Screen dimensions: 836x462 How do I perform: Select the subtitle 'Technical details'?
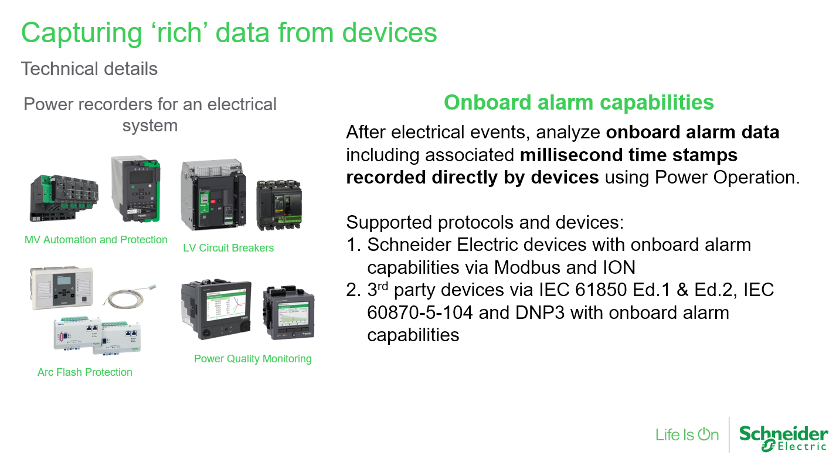(89, 69)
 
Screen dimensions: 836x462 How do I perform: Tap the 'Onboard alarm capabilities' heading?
(579, 102)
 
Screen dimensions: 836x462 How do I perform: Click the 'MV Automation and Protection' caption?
(96, 240)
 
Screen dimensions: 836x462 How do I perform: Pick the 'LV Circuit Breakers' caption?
(229, 248)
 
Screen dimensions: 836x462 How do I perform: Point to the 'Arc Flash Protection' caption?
(85, 372)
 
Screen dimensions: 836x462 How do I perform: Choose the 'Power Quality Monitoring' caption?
(253, 359)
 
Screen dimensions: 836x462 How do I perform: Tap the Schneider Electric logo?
(783, 438)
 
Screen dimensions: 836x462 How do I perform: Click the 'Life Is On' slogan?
(687, 435)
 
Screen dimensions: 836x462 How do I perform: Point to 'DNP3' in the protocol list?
(540, 312)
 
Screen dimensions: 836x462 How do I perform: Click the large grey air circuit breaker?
(213, 195)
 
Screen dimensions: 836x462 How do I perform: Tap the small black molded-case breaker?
(279, 205)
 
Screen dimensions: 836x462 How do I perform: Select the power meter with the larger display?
(216, 310)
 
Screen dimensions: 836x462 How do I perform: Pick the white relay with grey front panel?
(61, 288)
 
